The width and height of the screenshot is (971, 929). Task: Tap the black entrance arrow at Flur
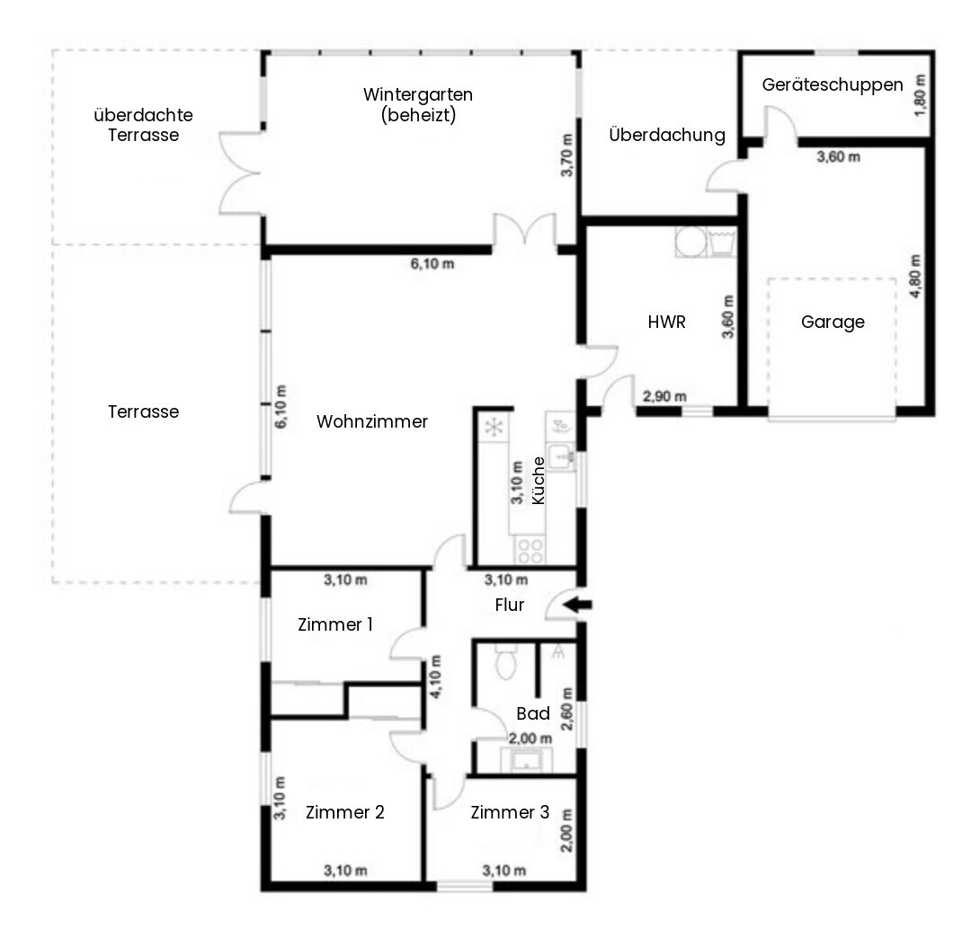pos(580,605)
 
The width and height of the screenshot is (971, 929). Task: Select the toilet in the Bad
pos(506,661)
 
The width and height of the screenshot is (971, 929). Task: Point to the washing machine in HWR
pos(690,242)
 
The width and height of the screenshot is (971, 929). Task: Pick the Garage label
pos(833,322)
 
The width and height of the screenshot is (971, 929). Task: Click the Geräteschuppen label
pos(833,84)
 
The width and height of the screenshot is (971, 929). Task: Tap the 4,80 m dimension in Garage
pos(916,277)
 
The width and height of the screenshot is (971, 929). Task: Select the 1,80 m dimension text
pos(921,94)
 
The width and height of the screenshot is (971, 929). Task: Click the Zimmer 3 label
pos(510,812)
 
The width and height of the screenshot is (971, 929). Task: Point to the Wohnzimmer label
pos(372,421)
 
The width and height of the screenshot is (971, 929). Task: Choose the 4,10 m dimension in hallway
pos(436,677)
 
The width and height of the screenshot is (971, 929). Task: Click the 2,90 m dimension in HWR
pos(664,396)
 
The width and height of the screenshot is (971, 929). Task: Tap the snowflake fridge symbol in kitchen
pos(494,427)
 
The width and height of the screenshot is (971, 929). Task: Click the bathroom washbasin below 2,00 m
pos(526,760)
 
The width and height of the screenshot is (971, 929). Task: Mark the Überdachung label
pos(667,134)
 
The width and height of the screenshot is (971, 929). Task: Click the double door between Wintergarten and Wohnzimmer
pos(524,232)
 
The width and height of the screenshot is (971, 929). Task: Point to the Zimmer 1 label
pos(335,624)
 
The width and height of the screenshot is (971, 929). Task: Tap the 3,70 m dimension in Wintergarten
pos(567,155)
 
